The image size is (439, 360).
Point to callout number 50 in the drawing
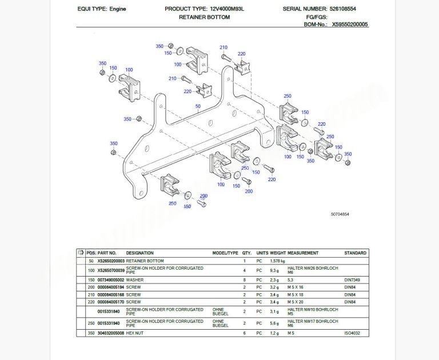point(198,106)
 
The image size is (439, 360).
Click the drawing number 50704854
point(340,214)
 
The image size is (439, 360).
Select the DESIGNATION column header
point(140,253)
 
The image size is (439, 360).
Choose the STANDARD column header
point(355,253)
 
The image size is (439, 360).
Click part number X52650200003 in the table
point(111,261)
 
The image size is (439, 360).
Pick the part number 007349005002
point(111,280)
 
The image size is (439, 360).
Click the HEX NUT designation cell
point(136,333)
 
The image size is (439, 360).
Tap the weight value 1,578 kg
point(277,261)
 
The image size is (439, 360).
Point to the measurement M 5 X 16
point(296,287)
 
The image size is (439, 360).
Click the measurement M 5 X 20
point(296,302)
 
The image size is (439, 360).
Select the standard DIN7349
point(352,280)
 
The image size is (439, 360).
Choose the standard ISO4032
point(352,333)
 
